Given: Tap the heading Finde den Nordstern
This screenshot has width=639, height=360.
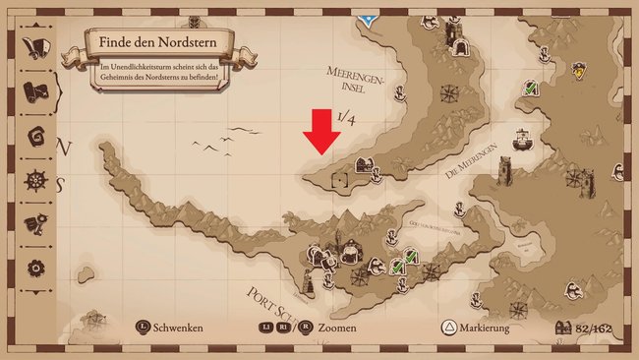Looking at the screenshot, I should [160, 44].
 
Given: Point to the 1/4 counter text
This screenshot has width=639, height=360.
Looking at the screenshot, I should [345, 118].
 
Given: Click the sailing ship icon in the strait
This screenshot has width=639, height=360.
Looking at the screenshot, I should [522, 137].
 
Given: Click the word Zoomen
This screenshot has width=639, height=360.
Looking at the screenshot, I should [337, 328].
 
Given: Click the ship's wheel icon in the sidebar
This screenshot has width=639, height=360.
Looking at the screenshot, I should [37, 181].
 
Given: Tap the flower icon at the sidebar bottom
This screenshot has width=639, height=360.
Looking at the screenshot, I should [37, 267].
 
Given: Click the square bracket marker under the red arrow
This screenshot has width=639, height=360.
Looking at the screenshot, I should [340, 178].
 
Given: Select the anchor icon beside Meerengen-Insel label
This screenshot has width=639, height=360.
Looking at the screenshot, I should [401, 94].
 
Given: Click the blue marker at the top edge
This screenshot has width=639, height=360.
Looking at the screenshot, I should [368, 18].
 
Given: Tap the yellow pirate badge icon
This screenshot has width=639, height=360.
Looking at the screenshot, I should [580, 70].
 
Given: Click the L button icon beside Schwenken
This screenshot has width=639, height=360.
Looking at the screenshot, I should [144, 328].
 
